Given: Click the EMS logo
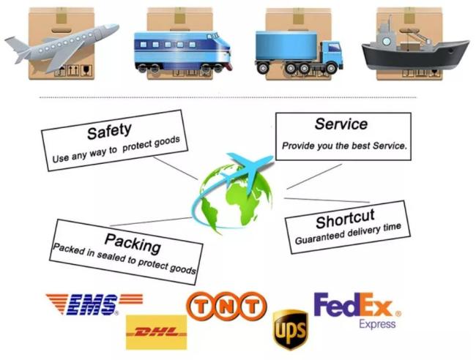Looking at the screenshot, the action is click(x=94, y=304).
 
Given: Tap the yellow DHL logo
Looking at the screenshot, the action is click(x=156, y=332).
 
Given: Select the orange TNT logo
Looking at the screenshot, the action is click(x=226, y=306).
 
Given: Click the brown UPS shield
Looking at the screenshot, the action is click(x=291, y=330).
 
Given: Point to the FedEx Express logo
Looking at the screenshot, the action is click(x=357, y=310).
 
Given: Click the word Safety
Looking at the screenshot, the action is click(x=109, y=131).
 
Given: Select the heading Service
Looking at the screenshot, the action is click(x=341, y=124).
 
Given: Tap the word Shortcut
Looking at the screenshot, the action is click(x=345, y=219).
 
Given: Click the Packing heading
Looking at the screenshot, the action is click(x=133, y=243).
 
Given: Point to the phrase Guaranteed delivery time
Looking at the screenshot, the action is click(x=348, y=233).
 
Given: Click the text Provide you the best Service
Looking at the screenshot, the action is click(x=344, y=146).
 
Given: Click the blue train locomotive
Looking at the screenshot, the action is click(x=183, y=51).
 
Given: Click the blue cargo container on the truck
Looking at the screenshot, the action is click(x=286, y=45).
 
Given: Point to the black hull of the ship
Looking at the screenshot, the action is click(x=414, y=56).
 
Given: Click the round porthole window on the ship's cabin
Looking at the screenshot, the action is click(x=387, y=41).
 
